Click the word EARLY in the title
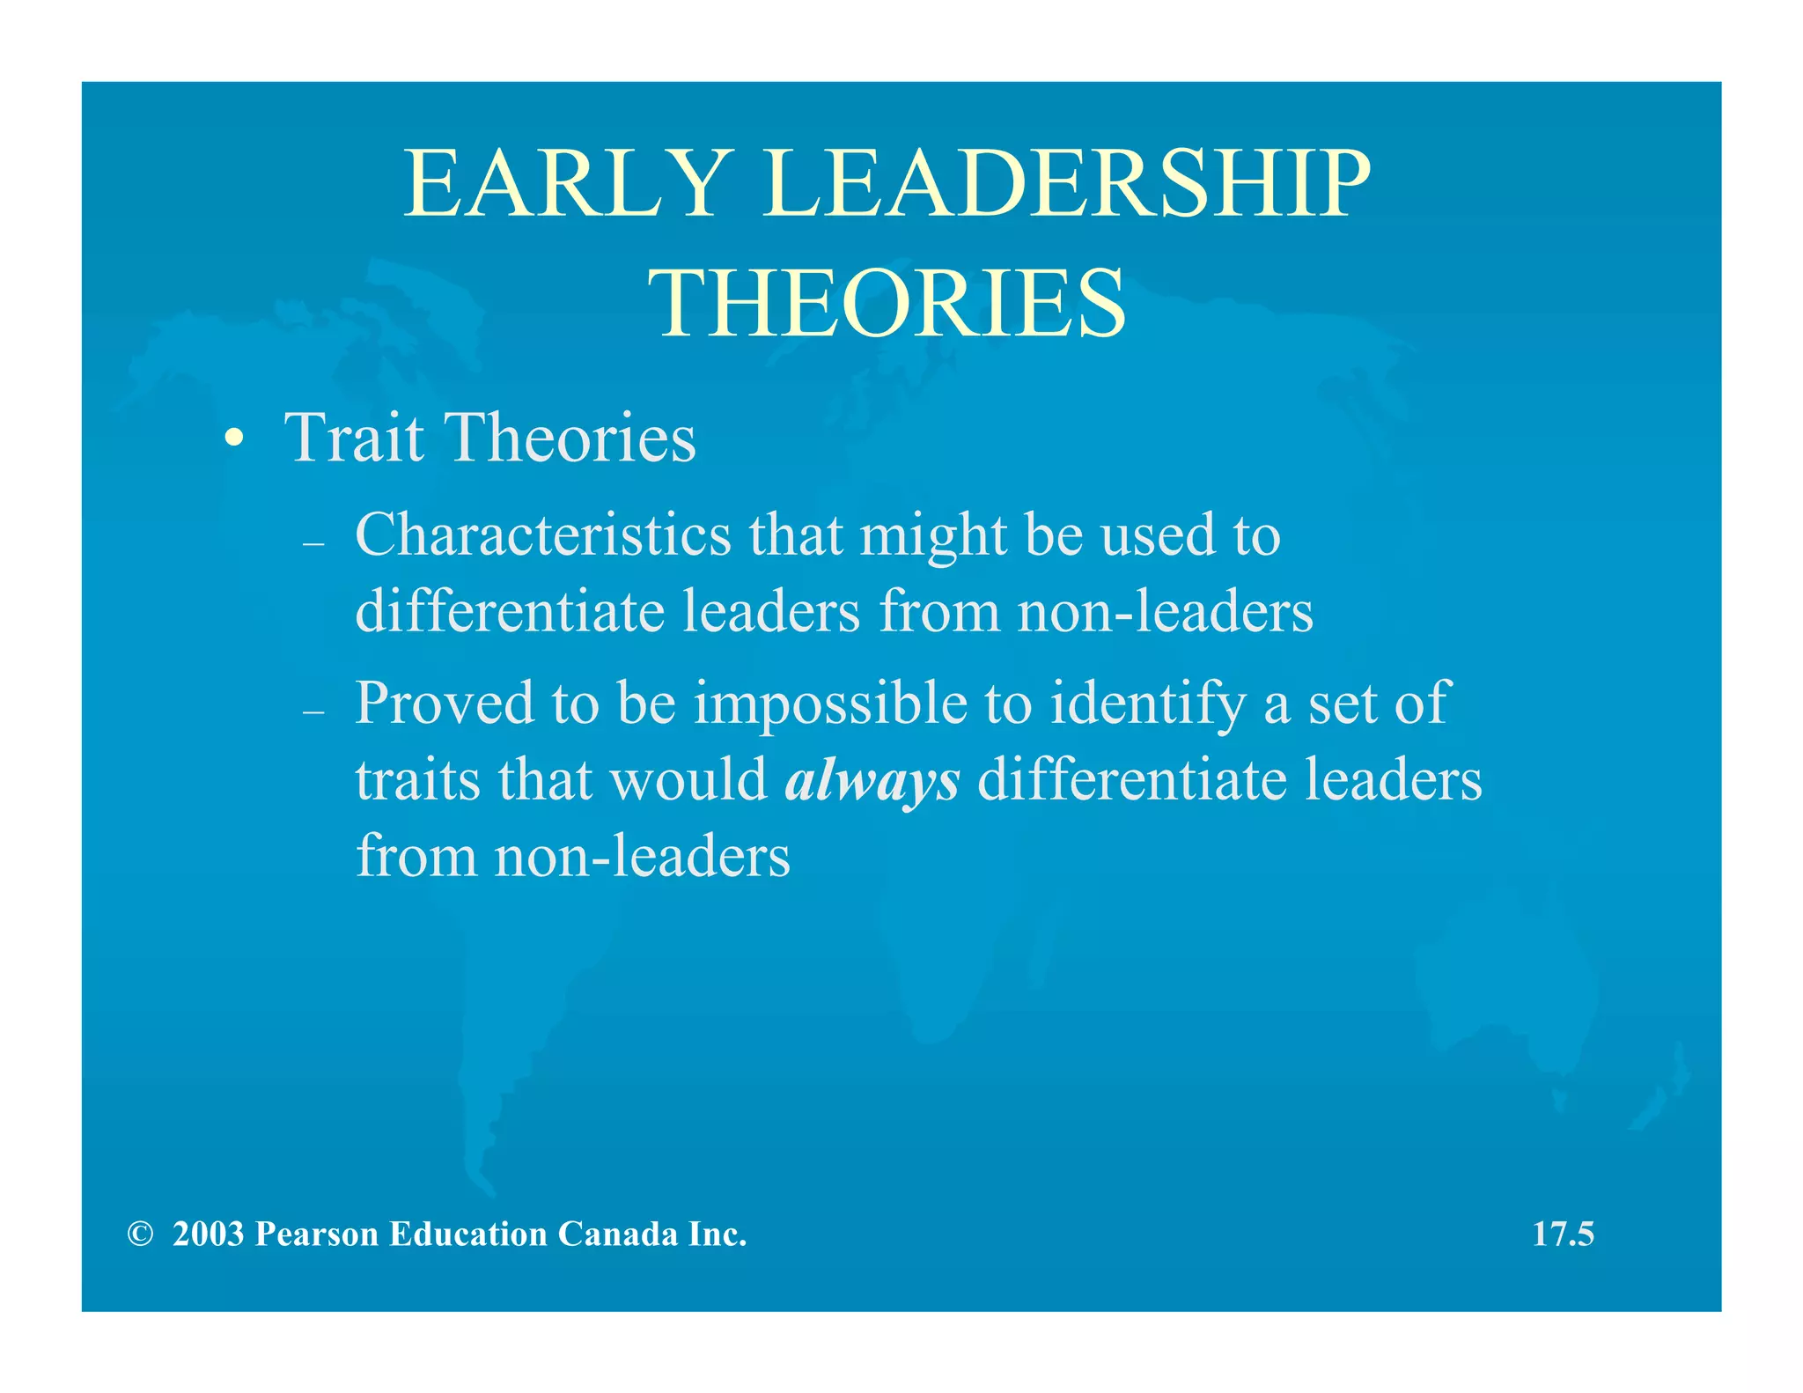point(564,184)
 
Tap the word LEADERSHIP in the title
point(1066,184)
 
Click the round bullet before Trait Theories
point(233,439)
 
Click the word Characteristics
point(542,534)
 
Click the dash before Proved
point(313,712)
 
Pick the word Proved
point(444,704)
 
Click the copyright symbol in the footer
point(139,1235)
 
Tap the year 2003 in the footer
point(208,1235)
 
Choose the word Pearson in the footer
point(317,1235)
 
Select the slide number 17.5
point(1563,1235)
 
